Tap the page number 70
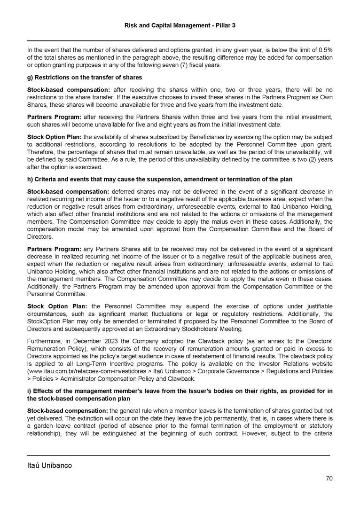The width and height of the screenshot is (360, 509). tap(329, 478)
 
